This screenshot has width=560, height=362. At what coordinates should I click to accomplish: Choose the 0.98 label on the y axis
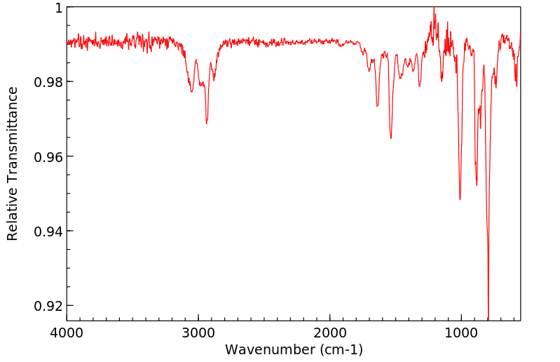click(x=49, y=82)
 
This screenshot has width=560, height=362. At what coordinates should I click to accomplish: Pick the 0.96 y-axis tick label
click(x=49, y=156)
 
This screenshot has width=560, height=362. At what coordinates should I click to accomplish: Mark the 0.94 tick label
click(x=49, y=231)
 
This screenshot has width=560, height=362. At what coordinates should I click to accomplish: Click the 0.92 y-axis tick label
click(x=49, y=306)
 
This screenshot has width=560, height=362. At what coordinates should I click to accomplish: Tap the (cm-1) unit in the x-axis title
click(x=341, y=349)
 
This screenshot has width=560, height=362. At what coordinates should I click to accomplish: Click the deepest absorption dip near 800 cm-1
click(x=488, y=318)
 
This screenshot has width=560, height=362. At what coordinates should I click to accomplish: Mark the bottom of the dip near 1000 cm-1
click(x=460, y=199)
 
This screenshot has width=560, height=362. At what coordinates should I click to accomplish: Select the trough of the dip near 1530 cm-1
click(x=391, y=138)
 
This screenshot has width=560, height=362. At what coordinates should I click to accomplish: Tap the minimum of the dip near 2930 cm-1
click(x=207, y=123)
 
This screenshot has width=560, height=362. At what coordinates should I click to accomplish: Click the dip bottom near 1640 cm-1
click(x=377, y=106)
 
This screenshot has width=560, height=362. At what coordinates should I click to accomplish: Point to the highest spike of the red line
click(x=434, y=8)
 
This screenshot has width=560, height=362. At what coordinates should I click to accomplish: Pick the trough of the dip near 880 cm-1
click(x=477, y=185)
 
